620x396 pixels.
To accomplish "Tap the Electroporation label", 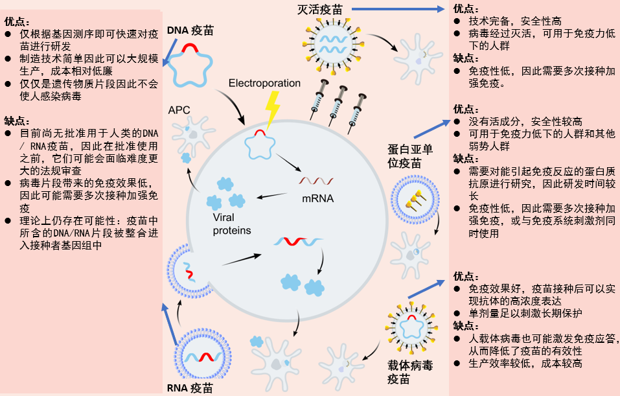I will pos(264,83).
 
